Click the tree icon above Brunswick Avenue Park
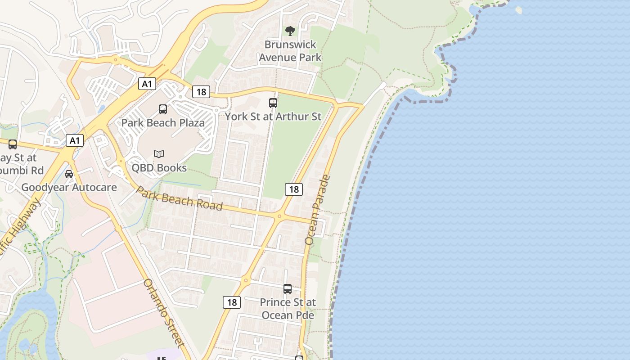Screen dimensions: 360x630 tap(290, 31)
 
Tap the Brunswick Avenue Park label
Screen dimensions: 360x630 tap(290, 51)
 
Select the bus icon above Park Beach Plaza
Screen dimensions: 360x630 tap(163, 109)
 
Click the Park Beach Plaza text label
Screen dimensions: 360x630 tap(163, 122)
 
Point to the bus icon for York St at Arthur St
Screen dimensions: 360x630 tap(273, 103)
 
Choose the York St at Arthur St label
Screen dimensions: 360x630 tap(273, 117)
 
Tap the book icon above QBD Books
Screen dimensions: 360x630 tap(159, 154)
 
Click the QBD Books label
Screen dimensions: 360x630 tap(159, 168)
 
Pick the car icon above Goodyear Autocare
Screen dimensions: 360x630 tap(69, 174)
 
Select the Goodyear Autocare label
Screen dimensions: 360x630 tap(69, 187)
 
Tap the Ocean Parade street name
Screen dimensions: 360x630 tap(317, 210)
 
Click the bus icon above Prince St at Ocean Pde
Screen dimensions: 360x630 tap(288, 288)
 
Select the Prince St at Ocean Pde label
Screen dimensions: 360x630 tap(288, 309)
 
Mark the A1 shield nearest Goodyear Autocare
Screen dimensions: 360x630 tap(75, 140)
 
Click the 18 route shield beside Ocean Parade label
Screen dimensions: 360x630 tap(294, 189)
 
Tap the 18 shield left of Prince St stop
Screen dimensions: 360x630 tap(232, 302)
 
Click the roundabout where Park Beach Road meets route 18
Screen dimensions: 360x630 tap(279, 216)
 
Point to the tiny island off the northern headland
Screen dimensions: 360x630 tap(519, 9)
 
